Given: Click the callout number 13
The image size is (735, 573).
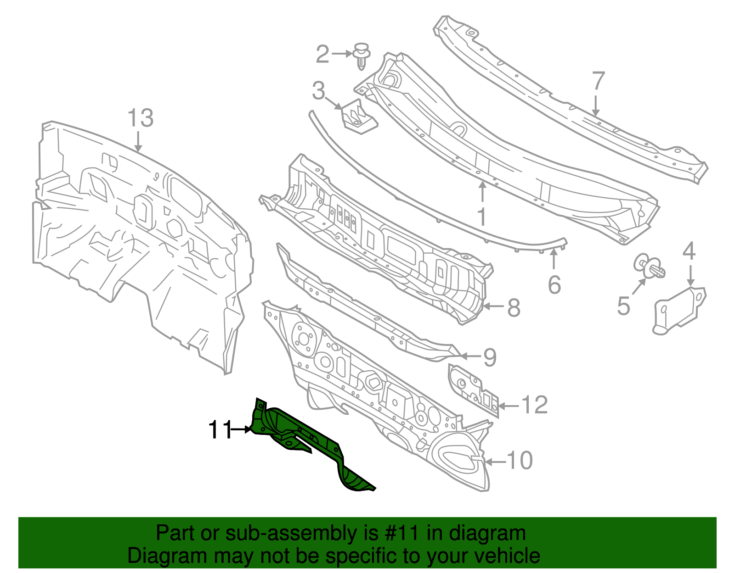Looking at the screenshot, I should pos(140,118).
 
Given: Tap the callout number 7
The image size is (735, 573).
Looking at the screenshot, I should pos(598,81).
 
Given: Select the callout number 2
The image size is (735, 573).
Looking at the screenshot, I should pos(322,55).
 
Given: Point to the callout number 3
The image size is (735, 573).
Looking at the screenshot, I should pos(318,91).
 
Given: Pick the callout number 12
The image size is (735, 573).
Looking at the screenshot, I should pos(535,405).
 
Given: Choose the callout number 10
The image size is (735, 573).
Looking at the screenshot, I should pos(520,461).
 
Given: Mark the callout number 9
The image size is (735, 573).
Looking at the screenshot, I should pos(490,357).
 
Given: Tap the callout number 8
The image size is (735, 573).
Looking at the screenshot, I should pos(514,307).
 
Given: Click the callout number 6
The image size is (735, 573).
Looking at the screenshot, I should pos(554,285).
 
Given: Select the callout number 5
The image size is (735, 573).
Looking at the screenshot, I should pos(623,306).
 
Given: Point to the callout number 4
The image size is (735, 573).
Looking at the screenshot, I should pos(689,251).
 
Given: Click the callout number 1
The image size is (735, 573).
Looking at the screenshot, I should pos(482,217).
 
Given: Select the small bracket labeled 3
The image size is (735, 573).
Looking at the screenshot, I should pos(360,118).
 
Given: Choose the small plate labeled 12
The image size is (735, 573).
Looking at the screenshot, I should pos(473,388).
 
